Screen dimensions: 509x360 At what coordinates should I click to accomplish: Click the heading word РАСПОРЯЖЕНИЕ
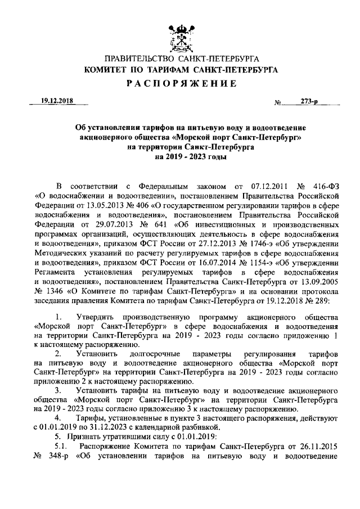[179, 84]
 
